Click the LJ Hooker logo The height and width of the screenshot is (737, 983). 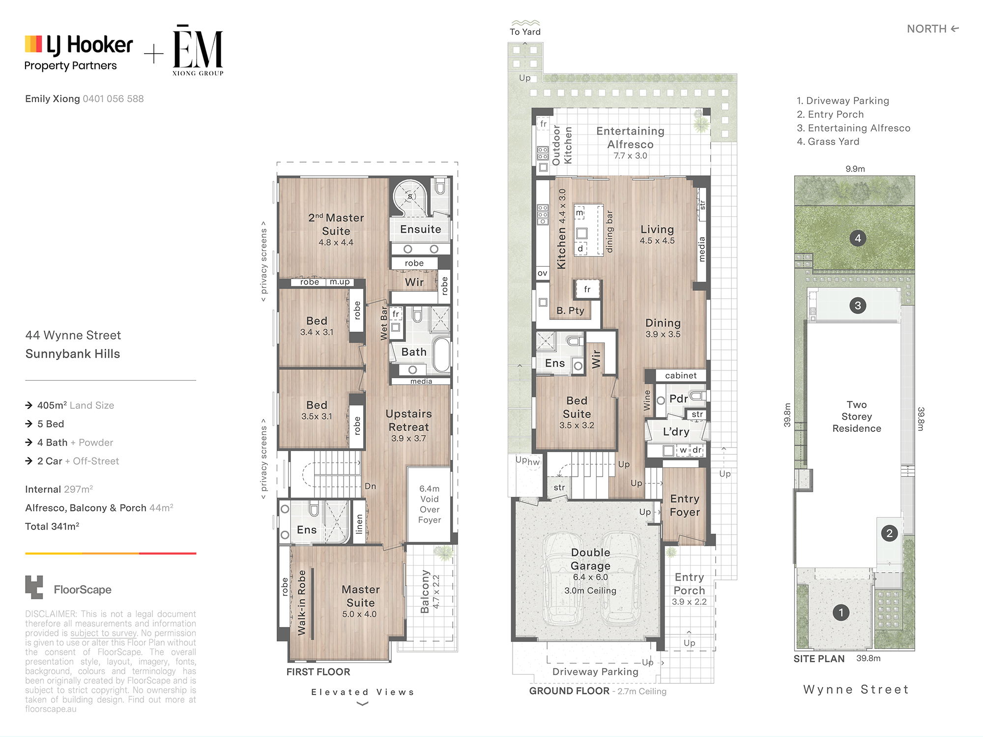79,52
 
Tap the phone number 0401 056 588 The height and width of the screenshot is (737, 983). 113,99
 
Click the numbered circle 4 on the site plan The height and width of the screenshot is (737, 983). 858,238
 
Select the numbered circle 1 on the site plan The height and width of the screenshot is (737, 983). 841,613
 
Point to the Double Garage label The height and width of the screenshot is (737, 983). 590,559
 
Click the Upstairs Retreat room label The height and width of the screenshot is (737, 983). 408,421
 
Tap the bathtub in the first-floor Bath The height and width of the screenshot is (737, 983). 441,354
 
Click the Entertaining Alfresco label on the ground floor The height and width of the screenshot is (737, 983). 630,138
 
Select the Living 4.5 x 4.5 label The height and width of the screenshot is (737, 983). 657,234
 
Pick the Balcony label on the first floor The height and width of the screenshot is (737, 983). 425,592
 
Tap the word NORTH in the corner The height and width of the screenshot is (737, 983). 926,29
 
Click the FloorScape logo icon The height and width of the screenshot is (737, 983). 34,587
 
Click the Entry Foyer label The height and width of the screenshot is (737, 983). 685,506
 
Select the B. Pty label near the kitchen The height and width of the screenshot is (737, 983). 570,311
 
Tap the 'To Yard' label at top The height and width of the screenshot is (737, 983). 525,32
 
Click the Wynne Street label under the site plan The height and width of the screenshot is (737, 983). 856,689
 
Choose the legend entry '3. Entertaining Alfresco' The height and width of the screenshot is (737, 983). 853,128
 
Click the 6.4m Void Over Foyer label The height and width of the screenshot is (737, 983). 430,504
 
